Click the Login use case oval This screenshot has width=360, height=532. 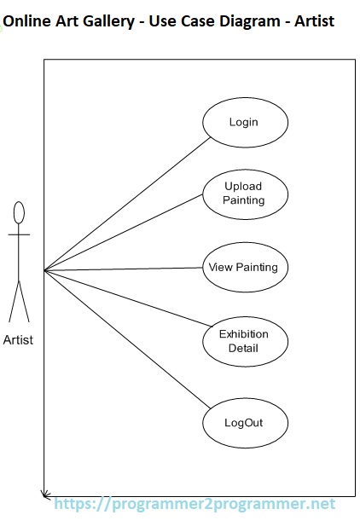(x=244, y=122)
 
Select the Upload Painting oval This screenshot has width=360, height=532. (x=244, y=194)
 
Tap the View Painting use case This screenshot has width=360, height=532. (x=244, y=267)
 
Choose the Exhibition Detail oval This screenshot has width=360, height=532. (x=244, y=341)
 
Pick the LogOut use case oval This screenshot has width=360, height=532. (x=244, y=422)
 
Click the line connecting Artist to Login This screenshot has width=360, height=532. (x=128, y=204)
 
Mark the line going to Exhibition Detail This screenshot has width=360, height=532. (x=128, y=298)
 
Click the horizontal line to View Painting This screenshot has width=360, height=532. (x=128, y=269)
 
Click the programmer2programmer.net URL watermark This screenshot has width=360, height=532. (x=195, y=505)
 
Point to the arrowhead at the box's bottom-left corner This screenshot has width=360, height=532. (x=44, y=493)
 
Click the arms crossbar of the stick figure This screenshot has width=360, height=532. (x=19, y=233)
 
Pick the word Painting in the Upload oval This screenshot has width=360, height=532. (x=244, y=200)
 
